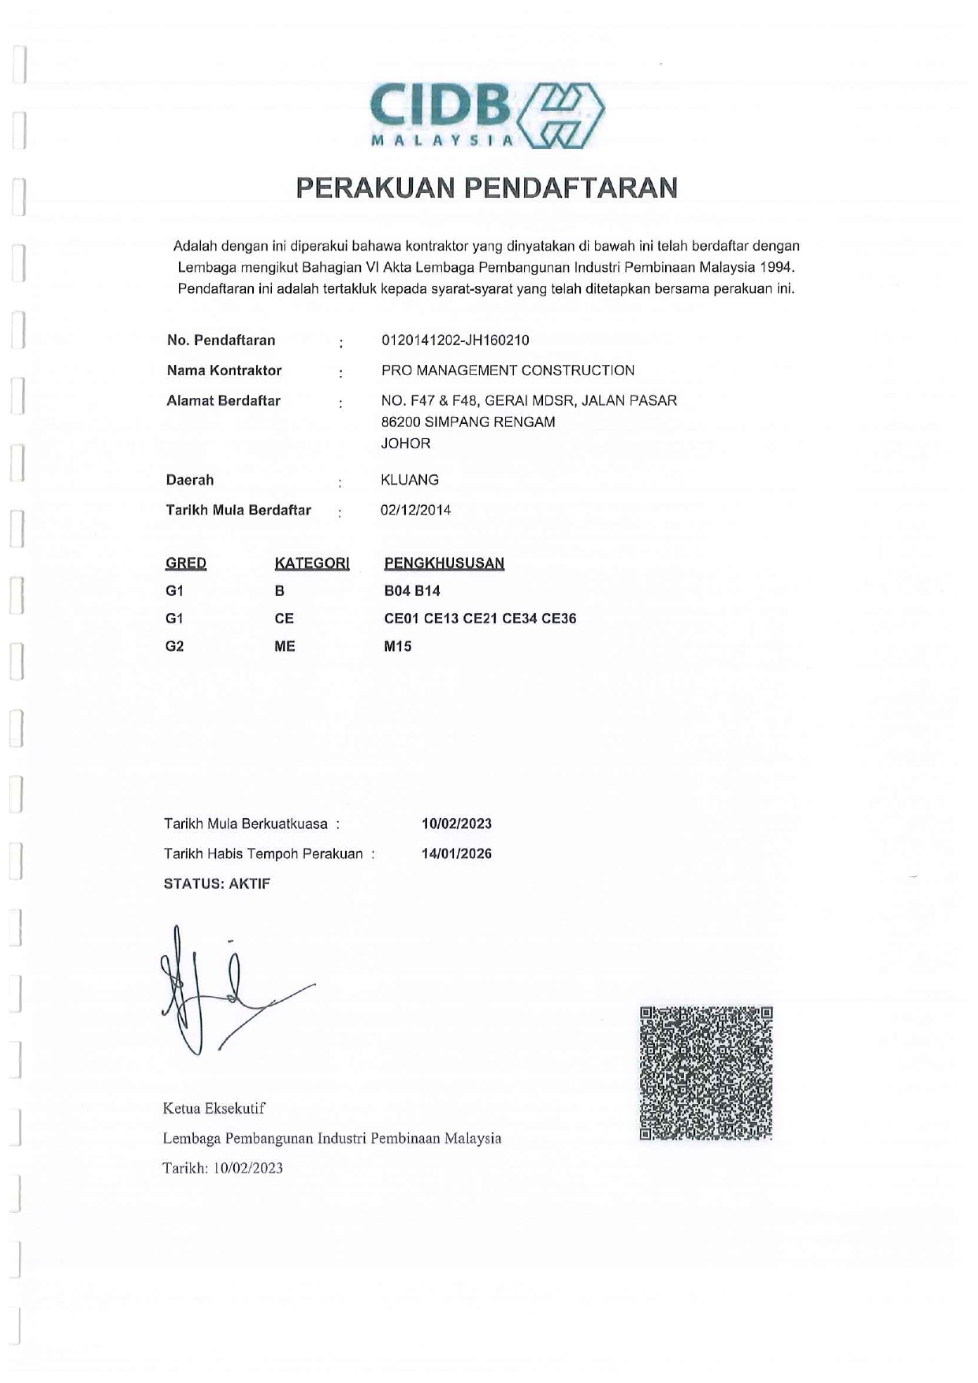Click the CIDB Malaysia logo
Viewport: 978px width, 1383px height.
[486, 114]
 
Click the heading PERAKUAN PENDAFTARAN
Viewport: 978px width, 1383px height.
[486, 188]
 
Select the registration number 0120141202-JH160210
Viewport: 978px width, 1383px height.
[455, 340]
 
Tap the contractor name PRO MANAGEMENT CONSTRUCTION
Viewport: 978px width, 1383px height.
[508, 370]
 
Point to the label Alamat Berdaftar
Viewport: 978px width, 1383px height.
[223, 401]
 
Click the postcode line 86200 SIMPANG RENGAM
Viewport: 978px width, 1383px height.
[467, 422]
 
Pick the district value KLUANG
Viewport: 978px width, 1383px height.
[409, 480]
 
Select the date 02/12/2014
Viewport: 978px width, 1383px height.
[415, 510]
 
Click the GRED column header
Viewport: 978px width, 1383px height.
[186, 563]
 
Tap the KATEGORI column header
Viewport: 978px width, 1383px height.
[311, 563]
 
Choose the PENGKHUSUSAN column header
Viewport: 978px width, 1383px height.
[444, 563]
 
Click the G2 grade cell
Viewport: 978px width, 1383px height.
[174, 647]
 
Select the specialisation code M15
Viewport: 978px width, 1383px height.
[397, 647]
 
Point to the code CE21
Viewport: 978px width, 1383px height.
[480, 619]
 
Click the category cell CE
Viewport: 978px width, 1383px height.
[284, 619]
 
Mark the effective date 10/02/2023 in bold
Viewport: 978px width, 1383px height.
[456, 824]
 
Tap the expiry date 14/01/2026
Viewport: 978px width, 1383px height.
[456, 854]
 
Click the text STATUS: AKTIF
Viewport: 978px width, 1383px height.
[217, 884]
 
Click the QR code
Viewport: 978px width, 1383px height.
[705, 1073]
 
